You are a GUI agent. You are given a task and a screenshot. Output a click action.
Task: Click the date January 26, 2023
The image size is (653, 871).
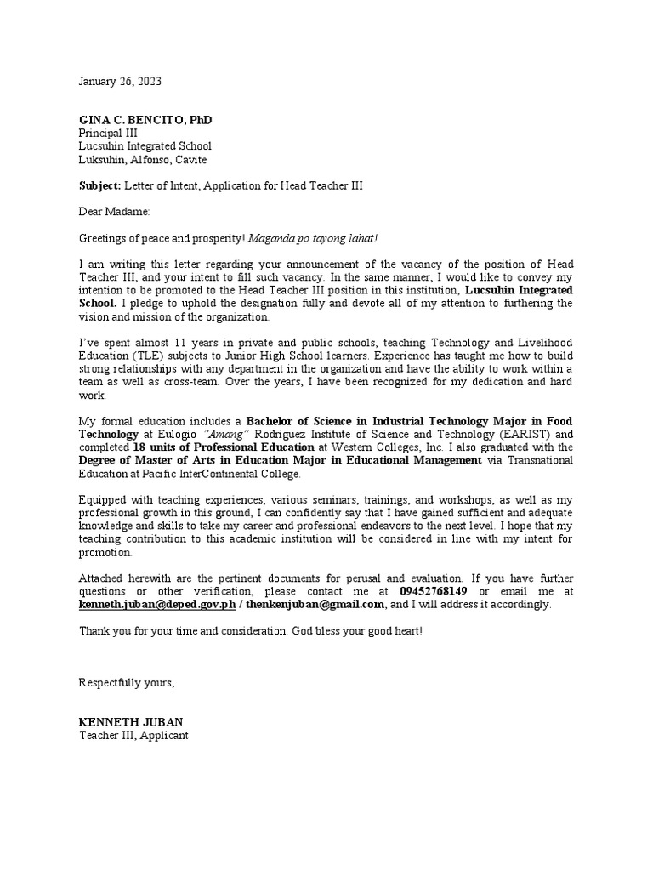click(120, 82)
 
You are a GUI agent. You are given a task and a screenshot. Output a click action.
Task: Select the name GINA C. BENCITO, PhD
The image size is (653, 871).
click(145, 120)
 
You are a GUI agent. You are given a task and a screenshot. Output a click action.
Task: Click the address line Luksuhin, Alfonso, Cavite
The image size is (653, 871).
click(143, 159)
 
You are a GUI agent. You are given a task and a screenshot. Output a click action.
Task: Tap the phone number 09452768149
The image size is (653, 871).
click(433, 591)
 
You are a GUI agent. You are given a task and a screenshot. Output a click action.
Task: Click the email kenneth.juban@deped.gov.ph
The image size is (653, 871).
click(157, 604)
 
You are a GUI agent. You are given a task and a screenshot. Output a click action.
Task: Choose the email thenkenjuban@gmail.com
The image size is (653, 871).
click(315, 604)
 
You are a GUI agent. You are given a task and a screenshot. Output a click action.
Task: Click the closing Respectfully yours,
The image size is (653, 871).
click(127, 683)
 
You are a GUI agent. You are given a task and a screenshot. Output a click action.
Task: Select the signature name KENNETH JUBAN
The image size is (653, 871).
click(130, 722)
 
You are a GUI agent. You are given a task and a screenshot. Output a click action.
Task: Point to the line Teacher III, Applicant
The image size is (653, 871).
click(133, 735)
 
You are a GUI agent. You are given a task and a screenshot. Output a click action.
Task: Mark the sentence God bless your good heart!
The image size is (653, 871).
click(355, 630)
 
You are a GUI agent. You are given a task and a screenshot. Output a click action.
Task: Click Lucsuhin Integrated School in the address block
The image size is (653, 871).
click(145, 146)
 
